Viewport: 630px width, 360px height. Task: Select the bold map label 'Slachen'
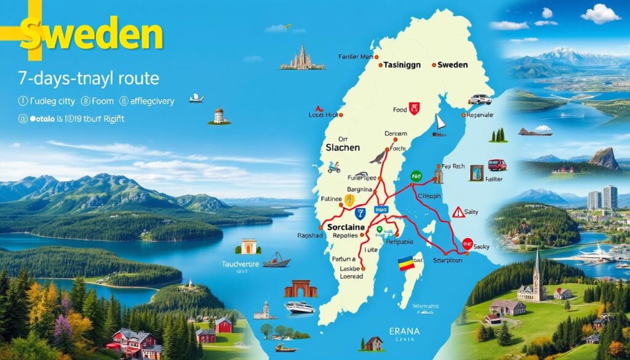point(341,149)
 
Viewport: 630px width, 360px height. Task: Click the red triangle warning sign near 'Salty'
point(458,212)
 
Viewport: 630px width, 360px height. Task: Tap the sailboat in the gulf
point(439,125)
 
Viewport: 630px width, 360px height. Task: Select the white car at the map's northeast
point(480,99)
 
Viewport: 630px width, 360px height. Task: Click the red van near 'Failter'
point(496,165)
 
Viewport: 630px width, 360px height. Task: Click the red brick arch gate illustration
point(300,289)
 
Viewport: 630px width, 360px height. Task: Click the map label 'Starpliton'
point(449,260)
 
